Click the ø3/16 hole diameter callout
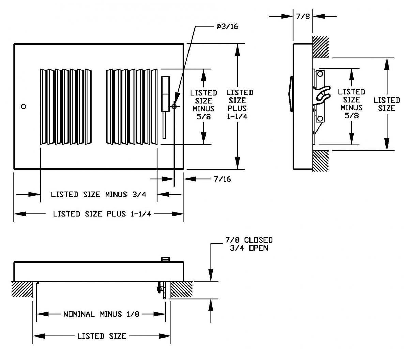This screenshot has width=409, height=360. [227, 27]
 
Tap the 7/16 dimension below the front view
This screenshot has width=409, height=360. [222, 179]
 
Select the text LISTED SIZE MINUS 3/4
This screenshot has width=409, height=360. [99, 194]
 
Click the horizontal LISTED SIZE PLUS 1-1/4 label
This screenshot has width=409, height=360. [102, 214]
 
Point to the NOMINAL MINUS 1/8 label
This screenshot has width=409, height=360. [101, 314]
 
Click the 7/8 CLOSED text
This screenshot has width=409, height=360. [248, 240]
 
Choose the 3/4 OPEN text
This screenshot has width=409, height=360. [248, 248]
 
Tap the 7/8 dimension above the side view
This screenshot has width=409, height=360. [303, 16]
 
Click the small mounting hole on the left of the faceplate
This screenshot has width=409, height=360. [23, 106]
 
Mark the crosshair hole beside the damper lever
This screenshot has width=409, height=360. [174, 106]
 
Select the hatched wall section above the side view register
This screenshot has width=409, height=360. [321, 47]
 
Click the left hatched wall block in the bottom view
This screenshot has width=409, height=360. [22, 289]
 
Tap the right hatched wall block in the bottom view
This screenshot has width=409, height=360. [182, 289]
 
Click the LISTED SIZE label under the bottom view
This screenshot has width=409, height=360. [102, 336]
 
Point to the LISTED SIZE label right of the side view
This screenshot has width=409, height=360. [387, 104]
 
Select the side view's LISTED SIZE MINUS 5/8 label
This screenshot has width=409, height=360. [351, 104]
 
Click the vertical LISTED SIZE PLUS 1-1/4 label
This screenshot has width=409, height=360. [239, 104]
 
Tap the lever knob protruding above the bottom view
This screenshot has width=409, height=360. [165, 259]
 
